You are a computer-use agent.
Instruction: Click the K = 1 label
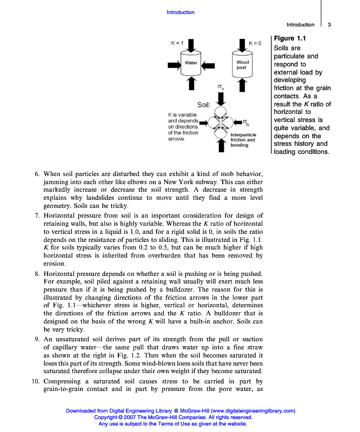coord(177,43)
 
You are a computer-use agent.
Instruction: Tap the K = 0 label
coord(255,43)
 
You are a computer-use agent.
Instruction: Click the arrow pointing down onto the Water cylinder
coord(191,44)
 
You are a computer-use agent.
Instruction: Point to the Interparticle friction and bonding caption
coord(243,139)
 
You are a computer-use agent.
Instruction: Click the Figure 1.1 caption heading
coord(290,38)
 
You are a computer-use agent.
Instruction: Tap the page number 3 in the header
coord(329,24)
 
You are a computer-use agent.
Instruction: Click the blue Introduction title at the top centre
coord(180,12)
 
